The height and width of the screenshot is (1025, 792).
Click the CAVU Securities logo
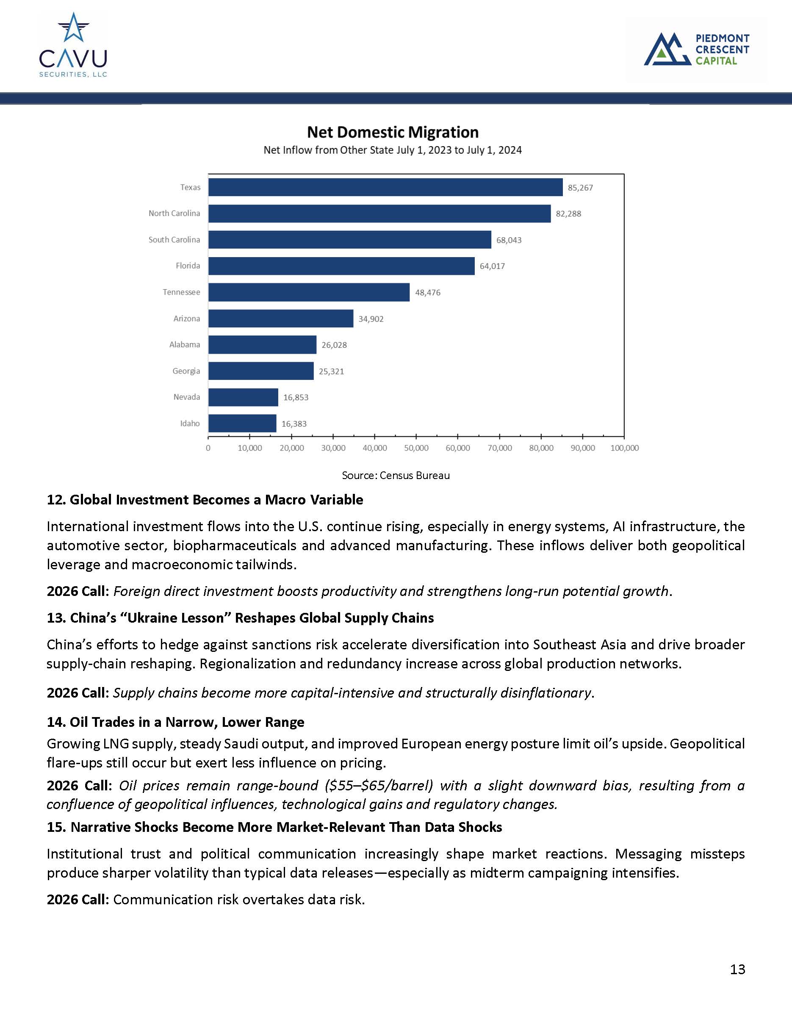pyautogui.click(x=73, y=45)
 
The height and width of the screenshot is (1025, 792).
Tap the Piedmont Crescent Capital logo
pyautogui.click(x=696, y=49)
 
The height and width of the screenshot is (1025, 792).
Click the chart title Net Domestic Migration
pyautogui.click(x=393, y=132)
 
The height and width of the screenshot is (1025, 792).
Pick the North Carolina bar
pyautogui.click(x=379, y=213)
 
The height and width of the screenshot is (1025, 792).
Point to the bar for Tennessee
pyautogui.click(x=309, y=292)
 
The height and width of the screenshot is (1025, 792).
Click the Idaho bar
pyautogui.click(x=242, y=423)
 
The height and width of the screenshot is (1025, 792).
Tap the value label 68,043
pyautogui.click(x=509, y=240)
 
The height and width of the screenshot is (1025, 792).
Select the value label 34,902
pyautogui.click(x=371, y=319)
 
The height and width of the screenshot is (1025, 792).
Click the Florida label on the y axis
pyautogui.click(x=188, y=266)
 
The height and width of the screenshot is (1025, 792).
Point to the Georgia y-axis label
pyautogui.click(x=186, y=371)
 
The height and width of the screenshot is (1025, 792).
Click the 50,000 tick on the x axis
pyautogui.click(x=416, y=448)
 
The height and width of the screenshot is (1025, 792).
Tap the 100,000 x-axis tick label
pyautogui.click(x=625, y=448)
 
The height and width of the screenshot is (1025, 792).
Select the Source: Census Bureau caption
pyautogui.click(x=396, y=475)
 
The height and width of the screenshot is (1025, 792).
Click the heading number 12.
pyautogui.click(x=56, y=500)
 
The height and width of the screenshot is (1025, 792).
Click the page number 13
pyautogui.click(x=737, y=969)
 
